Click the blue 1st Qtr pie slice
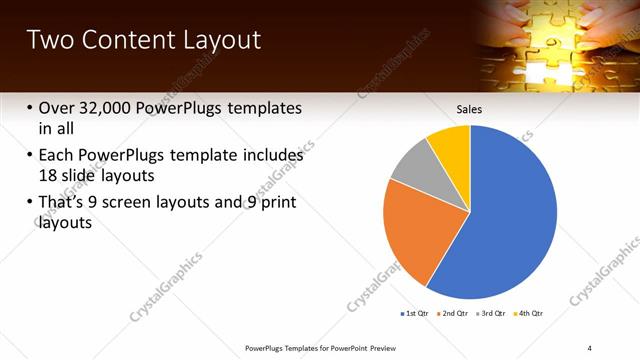click(x=510, y=215)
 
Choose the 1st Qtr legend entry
click(x=416, y=313)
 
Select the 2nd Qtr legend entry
click(x=455, y=313)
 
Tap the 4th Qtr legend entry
click(x=529, y=313)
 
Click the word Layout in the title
click(x=223, y=41)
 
